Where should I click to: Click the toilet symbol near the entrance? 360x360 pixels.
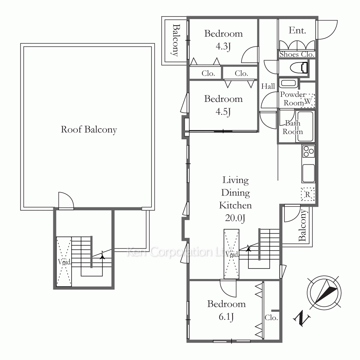click(299, 68)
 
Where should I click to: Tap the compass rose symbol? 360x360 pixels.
click(324, 293)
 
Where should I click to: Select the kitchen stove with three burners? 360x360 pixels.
click(309, 151)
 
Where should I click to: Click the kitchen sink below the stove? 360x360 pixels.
click(309, 173)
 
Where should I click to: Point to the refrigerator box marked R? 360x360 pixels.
click(308, 194)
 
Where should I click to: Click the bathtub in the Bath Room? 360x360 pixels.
click(305, 126)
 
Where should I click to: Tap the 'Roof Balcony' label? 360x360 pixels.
click(89, 130)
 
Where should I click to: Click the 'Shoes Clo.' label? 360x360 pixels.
click(297, 54)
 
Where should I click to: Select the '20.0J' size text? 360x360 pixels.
click(235, 218)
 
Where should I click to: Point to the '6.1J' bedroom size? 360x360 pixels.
click(226, 316)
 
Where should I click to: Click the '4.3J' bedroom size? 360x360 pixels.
click(223, 46)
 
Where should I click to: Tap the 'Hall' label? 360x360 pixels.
click(268, 86)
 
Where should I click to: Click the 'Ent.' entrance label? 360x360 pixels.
click(297, 30)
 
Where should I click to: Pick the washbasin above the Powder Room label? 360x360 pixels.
click(289, 83)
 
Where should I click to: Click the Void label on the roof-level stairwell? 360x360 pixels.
click(64, 262)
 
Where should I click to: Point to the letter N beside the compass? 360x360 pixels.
click(302, 318)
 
